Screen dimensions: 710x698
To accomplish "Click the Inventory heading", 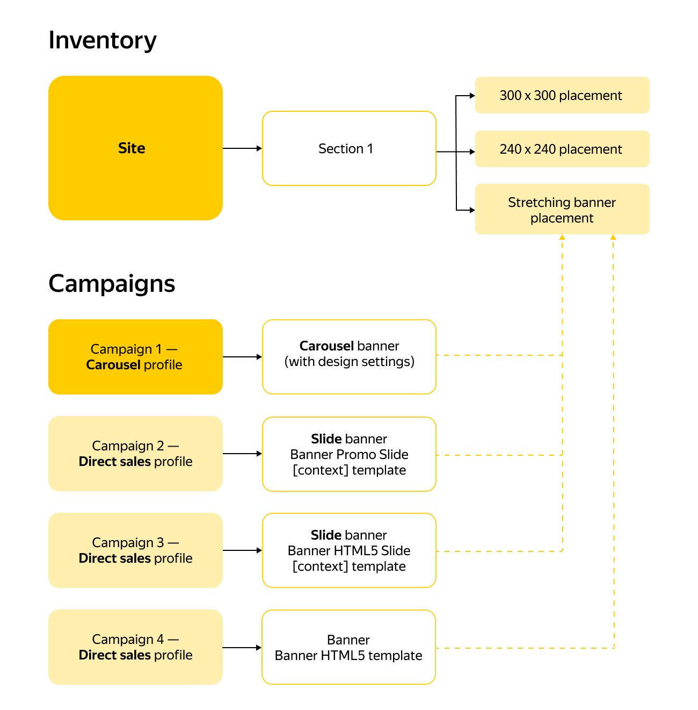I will (103, 40).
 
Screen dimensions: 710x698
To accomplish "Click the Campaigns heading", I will (112, 283).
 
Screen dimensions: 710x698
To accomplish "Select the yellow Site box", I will (135, 148).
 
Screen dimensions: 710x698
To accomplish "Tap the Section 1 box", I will (349, 148).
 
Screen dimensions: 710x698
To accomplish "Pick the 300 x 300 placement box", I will (562, 95).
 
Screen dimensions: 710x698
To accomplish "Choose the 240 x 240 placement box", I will (562, 149).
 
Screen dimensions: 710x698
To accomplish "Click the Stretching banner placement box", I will (562, 210).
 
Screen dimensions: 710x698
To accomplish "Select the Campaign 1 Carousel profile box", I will (135, 357).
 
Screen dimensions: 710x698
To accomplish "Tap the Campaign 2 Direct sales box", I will (135, 454).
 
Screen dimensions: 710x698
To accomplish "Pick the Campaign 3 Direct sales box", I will (135, 550).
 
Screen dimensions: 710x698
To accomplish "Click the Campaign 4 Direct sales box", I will (135, 647).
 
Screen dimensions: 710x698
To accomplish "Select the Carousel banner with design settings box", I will (349, 357).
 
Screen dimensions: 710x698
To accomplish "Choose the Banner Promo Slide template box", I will (349, 454).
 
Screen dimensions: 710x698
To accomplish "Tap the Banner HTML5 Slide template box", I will (349, 550).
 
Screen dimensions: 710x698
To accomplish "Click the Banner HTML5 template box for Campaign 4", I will (348, 647).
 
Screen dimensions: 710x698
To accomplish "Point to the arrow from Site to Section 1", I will (242, 148).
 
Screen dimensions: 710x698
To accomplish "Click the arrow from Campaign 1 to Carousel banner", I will (242, 357).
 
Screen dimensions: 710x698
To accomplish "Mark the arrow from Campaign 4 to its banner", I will (242, 648).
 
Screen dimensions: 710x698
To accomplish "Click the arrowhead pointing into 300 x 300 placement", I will (472, 96).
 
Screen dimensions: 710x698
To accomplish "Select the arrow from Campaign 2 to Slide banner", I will (242, 454).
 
